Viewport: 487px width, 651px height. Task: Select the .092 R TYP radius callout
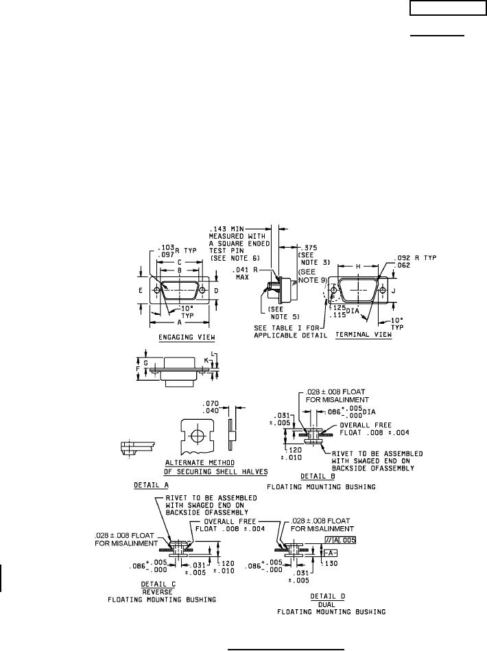[425, 257]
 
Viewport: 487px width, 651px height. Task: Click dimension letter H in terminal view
[357, 265]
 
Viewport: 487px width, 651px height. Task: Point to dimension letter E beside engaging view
[140, 290]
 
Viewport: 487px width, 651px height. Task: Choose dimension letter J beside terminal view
[403, 291]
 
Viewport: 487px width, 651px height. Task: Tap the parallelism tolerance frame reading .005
[340, 540]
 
